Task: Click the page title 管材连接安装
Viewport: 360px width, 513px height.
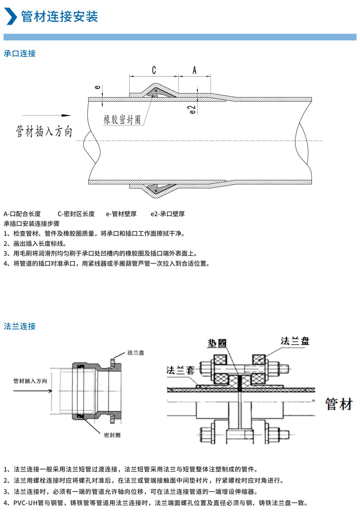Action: [x=60, y=17]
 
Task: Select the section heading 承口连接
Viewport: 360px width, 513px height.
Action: [x=20, y=54]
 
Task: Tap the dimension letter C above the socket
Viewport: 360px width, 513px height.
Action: [x=154, y=70]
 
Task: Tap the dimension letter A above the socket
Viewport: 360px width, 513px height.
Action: [x=194, y=70]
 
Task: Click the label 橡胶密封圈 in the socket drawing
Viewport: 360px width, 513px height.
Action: [x=122, y=120]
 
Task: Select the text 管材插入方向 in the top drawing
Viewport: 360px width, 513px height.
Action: [x=44, y=131]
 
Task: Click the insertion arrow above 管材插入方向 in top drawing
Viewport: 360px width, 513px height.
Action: [x=47, y=116]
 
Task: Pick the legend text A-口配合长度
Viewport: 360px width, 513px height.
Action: [x=22, y=214]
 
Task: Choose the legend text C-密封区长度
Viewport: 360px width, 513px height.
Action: [x=76, y=214]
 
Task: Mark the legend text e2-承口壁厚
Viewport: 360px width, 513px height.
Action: [x=168, y=214]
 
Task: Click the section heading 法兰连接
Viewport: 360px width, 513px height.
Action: [x=20, y=326]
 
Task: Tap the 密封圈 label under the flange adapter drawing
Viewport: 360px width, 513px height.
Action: [x=112, y=435]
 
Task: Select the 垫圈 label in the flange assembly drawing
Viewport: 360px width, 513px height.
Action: [x=217, y=343]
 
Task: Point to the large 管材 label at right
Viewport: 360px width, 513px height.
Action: [x=339, y=404]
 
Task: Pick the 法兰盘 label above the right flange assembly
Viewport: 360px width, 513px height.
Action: [x=295, y=341]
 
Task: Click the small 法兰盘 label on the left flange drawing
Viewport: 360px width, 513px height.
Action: [x=136, y=353]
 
